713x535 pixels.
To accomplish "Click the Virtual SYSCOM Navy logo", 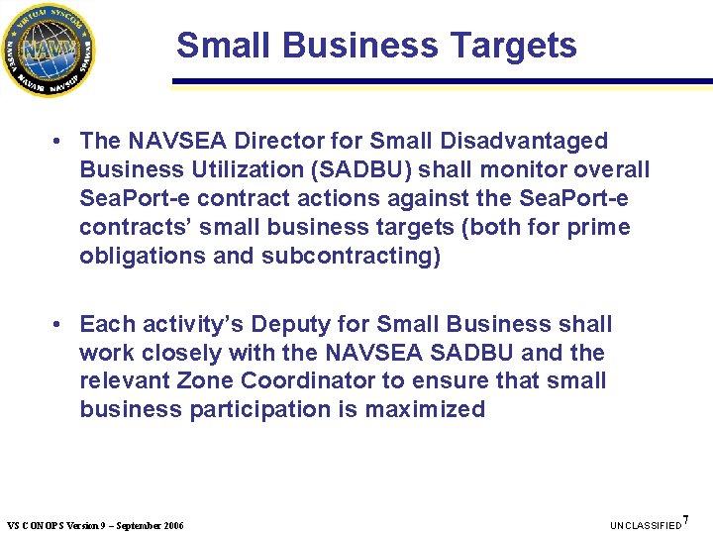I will point(49,50).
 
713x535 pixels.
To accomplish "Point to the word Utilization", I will point(227,170).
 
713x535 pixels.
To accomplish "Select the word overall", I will point(609,170).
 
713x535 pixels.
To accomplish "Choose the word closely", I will point(184,353).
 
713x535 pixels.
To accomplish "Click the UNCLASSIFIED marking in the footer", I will point(647,525).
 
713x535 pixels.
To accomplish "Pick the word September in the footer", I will point(140,525).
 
